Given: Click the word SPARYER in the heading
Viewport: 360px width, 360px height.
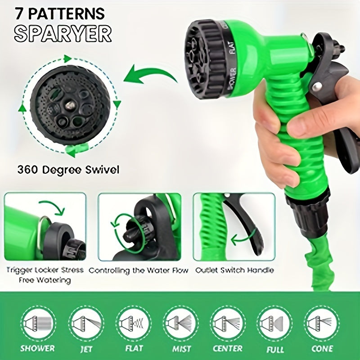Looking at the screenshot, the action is coord(63,33).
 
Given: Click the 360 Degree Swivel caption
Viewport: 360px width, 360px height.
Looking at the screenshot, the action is coord(68,170).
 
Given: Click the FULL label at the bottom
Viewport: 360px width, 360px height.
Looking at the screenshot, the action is coord(275,350).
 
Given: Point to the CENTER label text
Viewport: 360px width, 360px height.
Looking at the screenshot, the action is coord(227,348).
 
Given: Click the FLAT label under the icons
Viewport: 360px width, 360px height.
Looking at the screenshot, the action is coord(134,348).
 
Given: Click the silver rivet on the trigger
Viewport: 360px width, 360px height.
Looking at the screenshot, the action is coord(318,87).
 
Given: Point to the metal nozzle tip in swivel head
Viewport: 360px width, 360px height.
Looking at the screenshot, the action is coord(70,106).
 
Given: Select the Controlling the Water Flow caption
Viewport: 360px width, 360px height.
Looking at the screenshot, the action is coord(139,271).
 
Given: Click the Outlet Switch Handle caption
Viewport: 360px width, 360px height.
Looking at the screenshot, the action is coord(234,270).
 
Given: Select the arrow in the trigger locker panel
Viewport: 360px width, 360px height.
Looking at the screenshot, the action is coord(52,207).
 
